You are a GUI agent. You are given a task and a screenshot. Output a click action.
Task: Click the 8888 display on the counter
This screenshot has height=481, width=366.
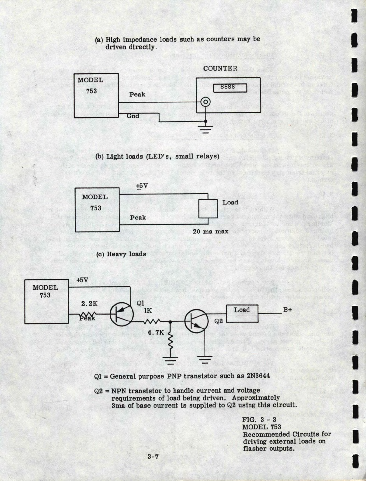pyautogui.click(x=229, y=87)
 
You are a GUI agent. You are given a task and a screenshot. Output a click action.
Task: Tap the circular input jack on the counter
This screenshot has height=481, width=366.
pyautogui.click(x=205, y=102)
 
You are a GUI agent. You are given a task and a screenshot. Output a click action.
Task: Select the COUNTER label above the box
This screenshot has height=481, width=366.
pyautogui.click(x=220, y=68)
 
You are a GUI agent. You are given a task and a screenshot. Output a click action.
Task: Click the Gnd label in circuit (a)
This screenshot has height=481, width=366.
pyautogui.click(x=133, y=116)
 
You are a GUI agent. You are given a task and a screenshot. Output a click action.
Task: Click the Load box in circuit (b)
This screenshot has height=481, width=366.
pyautogui.click(x=208, y=208)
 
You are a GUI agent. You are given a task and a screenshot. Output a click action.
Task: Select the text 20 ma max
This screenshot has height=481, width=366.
pyautogui.click(x=211, y=232)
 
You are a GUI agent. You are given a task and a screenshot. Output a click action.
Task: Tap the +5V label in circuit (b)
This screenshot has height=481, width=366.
pyautogui.click(x=142, y=186)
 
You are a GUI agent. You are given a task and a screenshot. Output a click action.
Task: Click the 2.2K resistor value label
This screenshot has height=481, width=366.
pyautogui.click(x=89, y=303)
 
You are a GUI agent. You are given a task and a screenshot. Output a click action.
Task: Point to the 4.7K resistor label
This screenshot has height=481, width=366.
pyautogui.click(x=156, y=332)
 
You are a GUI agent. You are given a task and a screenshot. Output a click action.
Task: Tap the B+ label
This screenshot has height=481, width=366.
pyautogui.click(x=288, y=310)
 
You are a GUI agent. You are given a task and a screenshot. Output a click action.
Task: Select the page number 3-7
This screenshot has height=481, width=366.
pyautogui.click(x=153, y=456)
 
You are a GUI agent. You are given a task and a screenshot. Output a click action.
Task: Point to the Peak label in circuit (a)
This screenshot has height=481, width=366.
pyautogui.click(x=137, y=94)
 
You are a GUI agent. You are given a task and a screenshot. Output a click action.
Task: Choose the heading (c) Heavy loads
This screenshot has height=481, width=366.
pyautogui.click(x=121, y=254)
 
